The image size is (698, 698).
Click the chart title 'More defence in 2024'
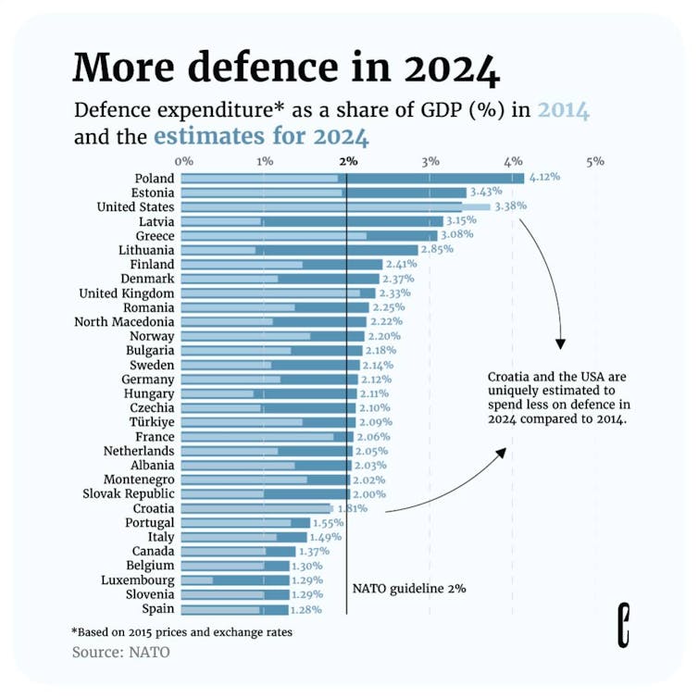coord(286,68)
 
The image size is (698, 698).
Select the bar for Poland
coord(352,178)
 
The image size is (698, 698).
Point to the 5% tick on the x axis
coord(594,161)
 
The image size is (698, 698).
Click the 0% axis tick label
coord(183,161)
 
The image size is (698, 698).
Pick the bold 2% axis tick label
coord(348,161)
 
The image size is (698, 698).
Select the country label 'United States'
coord(135,206)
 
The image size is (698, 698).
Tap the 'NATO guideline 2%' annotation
coord(409,588)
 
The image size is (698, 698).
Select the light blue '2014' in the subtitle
coord(563,111)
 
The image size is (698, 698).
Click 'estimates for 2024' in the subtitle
coord(261,138)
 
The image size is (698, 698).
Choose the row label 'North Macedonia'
coord(124,321)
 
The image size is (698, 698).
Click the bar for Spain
coord(235,609)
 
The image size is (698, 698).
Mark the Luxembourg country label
coord(136,580)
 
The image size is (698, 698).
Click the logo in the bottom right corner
coord(624,623)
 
